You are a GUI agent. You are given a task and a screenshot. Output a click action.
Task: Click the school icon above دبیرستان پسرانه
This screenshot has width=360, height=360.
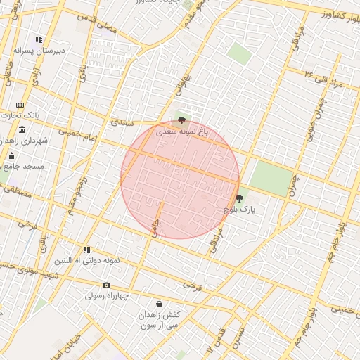[39, 40]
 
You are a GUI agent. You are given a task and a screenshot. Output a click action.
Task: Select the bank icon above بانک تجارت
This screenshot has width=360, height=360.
[20, 105]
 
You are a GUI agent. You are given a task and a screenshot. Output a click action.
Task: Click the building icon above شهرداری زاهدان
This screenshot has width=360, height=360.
[22, 129]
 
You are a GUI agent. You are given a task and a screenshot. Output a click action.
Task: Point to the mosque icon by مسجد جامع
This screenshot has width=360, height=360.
[11, 155]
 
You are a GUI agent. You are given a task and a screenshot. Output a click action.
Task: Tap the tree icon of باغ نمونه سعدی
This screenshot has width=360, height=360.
[183, 121]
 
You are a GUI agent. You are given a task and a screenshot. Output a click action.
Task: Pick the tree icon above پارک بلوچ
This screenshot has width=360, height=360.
[239, 198]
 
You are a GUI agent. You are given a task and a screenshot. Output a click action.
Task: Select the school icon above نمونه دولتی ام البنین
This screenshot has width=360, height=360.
[86, 249]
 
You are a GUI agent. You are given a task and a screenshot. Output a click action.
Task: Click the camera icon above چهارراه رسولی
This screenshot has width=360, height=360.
[106, 285]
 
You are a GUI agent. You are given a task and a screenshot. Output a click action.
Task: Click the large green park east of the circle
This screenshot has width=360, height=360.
[271, 176]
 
